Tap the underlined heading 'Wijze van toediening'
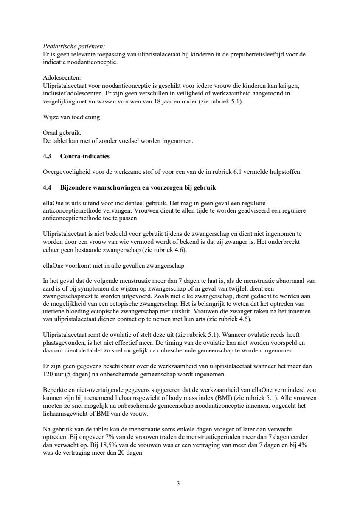[x=71, y=117]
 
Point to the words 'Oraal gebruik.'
[x=62, y=133]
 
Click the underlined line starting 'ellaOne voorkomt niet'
[x=113, y=266]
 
